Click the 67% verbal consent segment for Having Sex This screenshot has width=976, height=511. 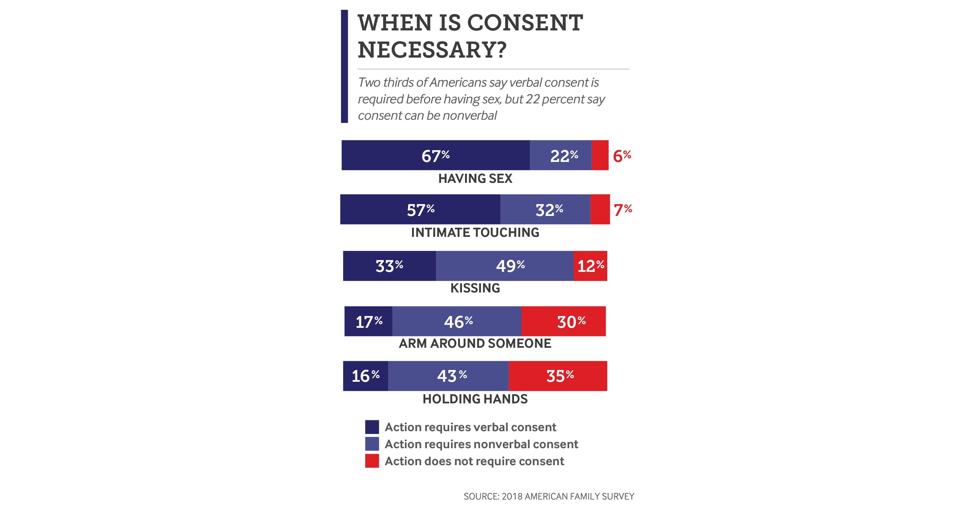[x=435, y=155]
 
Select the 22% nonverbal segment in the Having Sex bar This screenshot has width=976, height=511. [x=561, y=155]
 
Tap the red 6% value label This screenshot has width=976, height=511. [x=622, y=156]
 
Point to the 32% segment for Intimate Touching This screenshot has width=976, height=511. [x=546, y=209]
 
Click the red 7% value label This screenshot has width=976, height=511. [x=623, y=209]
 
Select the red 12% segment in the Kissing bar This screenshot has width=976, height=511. [x=590, y=266]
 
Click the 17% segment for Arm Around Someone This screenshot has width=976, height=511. [x=368, y=321]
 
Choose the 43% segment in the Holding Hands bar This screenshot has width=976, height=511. [x=449, y=376]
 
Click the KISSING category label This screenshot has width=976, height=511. [x=475, y=288]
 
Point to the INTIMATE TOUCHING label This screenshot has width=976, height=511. [x=475, y=233]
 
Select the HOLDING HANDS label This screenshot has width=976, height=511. [x=475, y=399]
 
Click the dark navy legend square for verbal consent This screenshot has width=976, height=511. [x=372, y=427]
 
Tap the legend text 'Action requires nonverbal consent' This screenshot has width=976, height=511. [x=481, y=444]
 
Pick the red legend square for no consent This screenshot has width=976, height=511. [x=372, y=461]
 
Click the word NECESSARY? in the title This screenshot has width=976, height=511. [x=432, y=50]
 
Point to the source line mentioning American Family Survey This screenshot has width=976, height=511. [x=549, y=496]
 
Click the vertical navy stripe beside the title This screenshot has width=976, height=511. [x=344, y=66]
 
